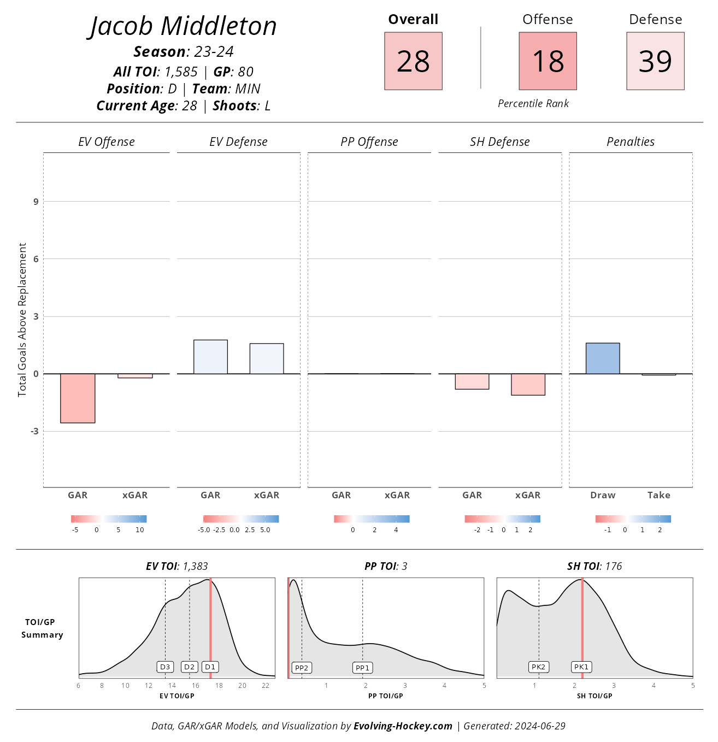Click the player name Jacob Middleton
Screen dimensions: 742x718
(x=183, y=26)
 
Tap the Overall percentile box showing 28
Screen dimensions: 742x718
(x=413, y=61)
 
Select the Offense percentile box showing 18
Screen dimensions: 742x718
(x=548, y=61)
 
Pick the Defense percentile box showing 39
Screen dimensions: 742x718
(x=655, y=61)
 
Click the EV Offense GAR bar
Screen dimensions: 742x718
(x=78, y=398)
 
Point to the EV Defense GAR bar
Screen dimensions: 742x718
(x=210, y=357)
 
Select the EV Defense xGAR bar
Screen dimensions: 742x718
(x=267, y=358)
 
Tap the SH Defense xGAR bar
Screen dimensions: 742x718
(x=528, y=384)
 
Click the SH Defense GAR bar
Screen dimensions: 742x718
(x=472, y=381)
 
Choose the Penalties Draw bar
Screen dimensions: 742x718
(x=603, y=358)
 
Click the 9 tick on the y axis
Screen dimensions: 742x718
(x=36, y=202)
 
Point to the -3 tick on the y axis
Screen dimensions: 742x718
(x=34, y=431)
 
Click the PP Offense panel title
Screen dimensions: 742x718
(x=369, y=142)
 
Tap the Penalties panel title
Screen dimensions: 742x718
(x=631, y=142)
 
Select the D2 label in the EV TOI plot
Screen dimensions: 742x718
(x=189, y=667)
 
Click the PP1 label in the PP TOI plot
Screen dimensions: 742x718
(x=362, y=668)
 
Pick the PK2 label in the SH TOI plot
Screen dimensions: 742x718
(x=538, y=667)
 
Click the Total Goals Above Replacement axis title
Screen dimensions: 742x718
(x=22, y=320)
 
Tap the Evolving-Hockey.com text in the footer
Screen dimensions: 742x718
(x=403, y=726)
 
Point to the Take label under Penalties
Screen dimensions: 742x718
(x=658, y=495)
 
